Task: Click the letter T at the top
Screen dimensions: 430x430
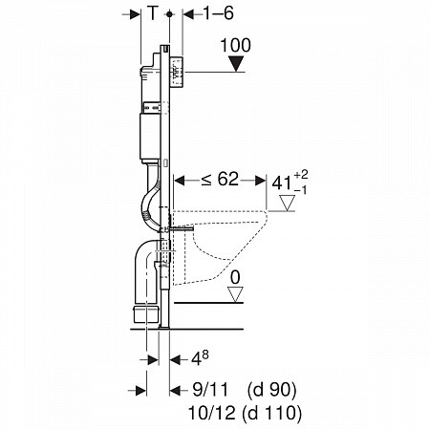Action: tap(153, 13)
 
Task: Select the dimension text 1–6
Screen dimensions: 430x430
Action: tap(218, 13)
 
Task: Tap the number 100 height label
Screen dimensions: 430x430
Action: tap(235, 45)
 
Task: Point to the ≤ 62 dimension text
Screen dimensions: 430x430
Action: tap(220, 179)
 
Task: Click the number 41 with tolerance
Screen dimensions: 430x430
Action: tap(282, 183)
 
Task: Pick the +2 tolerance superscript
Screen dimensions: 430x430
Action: tap(301, 175)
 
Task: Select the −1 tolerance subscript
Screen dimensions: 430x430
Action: tap(300, 190)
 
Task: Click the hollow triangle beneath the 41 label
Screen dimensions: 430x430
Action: tap(287, 203)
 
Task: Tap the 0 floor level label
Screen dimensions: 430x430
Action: tap(235, 278)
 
